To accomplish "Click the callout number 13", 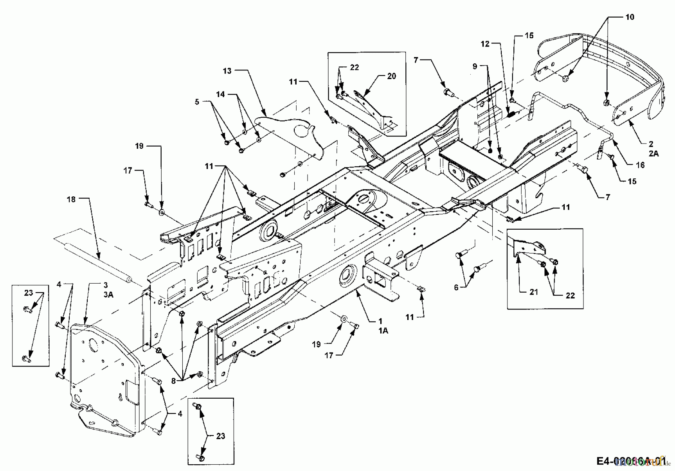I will (227, 70).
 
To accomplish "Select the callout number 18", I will (71, 199).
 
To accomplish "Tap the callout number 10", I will (630, 17).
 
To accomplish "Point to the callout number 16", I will (640, 165).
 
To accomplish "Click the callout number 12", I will (485, 44).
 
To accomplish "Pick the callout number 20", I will (391, 76).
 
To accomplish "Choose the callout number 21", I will (534, 292).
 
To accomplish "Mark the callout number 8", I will (174, 380).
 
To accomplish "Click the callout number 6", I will (456, 288).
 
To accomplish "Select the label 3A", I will (108, 295).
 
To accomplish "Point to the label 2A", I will (654, 153).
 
